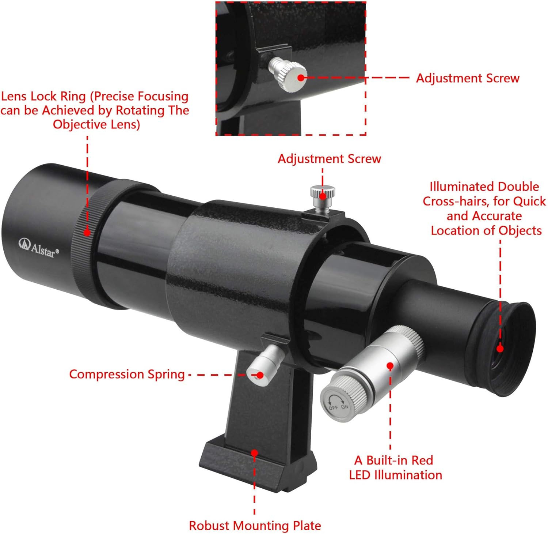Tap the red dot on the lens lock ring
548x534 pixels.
(87, 232)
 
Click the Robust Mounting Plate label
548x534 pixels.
(255, 526)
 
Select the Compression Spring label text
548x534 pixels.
(127, 374)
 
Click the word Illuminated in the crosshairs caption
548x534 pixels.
(456, 187)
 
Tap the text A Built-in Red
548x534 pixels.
(393, 460)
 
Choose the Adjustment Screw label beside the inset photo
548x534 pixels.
(468, 78)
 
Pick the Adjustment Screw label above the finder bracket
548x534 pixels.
(329, 158)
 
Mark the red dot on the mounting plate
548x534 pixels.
(255, 453)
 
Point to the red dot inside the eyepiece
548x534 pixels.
(500, 349)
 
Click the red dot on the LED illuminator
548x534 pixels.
(390, 365)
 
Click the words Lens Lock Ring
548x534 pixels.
(43, 96)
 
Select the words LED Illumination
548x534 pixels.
(395, 475)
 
